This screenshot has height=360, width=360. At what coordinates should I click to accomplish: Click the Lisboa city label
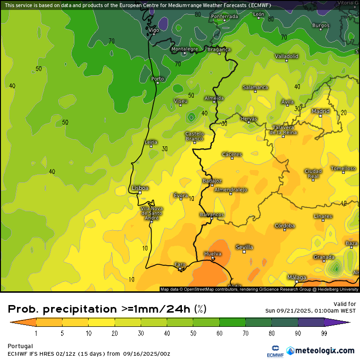[140, 188]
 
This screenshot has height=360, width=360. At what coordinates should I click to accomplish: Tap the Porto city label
[157, 79]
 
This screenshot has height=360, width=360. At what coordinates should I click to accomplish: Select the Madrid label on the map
[321, 111]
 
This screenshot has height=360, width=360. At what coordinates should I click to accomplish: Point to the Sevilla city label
[244, 247]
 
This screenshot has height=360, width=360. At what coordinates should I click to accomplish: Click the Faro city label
[180, 264]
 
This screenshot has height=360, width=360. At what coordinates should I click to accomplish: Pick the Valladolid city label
[287, 56]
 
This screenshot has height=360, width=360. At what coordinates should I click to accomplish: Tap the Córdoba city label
[285, 226]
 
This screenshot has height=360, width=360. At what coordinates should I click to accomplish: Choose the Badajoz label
[212, 180]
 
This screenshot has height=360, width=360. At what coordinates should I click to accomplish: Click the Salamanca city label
[255, 87]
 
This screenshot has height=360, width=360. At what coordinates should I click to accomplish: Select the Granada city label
[324, 257]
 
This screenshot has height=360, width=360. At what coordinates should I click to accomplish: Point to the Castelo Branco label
[194, 136]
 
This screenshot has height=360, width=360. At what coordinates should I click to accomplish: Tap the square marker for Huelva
[213, 259]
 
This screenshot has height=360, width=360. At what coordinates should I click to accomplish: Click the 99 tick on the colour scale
[324, 333]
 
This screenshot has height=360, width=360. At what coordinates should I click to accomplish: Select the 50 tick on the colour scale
[193, 333]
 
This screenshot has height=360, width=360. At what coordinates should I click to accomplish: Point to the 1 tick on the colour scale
[36, 333]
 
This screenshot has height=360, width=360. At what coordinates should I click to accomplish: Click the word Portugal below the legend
[20, 346]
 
